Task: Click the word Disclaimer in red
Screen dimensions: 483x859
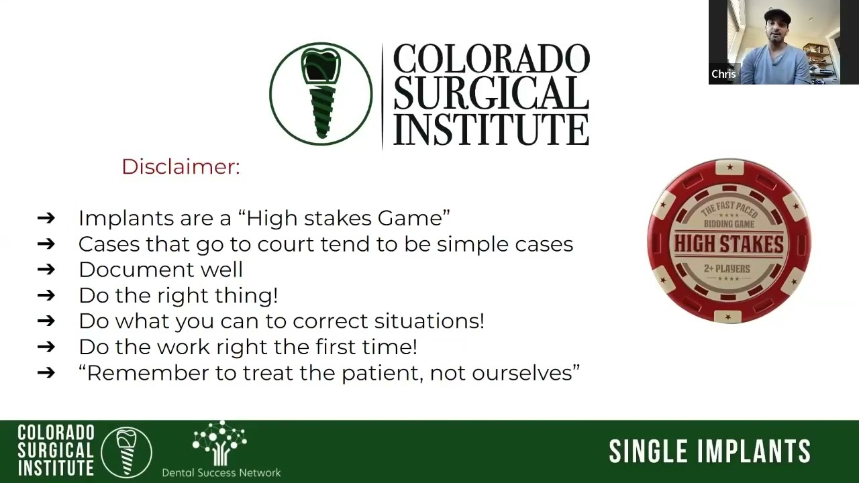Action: pos(180,166)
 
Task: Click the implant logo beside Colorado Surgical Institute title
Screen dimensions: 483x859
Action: pos(321,95)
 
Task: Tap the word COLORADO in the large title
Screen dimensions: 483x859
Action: pos(491,59)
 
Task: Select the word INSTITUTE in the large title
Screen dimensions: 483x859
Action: pos(491,129)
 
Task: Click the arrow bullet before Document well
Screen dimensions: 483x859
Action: pos(46,270)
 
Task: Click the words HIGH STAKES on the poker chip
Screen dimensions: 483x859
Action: pos(729,244)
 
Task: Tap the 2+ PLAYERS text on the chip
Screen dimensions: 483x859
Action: pos(727,268)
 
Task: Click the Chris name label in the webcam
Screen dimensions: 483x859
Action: pos(723,74)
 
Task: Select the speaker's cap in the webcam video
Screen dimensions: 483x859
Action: pos(778,15)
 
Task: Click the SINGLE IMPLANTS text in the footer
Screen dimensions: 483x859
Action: pos(709,451)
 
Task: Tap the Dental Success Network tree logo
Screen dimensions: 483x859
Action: pos(219,443)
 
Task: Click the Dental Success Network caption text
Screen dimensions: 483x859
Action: pos(221,472)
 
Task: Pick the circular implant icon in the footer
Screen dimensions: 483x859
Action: pos(126,451)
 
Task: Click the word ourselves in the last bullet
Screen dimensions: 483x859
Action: pos(525,373)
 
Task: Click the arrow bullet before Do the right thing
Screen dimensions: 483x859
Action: pos(46,296)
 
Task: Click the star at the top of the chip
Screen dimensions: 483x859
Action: pos(729,167)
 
